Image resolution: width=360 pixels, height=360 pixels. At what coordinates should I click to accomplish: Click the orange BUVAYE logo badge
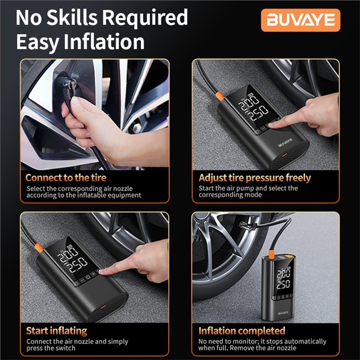301,20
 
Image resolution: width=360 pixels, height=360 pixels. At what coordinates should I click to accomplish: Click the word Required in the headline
144,18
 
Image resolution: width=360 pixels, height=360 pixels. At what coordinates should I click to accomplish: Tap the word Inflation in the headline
104,42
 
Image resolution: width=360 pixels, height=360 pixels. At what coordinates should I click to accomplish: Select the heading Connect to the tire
66,178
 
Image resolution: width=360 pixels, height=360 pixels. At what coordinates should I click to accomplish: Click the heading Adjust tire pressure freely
255,178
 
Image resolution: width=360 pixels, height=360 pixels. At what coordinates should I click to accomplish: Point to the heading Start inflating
57,331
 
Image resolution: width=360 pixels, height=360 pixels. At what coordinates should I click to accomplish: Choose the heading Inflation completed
242,331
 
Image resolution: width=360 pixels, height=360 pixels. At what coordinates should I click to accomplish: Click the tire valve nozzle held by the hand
67,84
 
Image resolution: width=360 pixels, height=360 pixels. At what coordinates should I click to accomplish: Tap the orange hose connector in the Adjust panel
220,96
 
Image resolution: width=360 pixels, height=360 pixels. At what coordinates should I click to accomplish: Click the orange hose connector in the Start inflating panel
39,248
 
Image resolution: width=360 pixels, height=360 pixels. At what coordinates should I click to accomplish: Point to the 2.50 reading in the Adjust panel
259,112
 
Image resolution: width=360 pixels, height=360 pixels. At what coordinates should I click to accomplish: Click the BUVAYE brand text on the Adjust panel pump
285,143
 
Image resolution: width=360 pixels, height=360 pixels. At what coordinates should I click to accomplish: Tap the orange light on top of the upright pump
287,256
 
